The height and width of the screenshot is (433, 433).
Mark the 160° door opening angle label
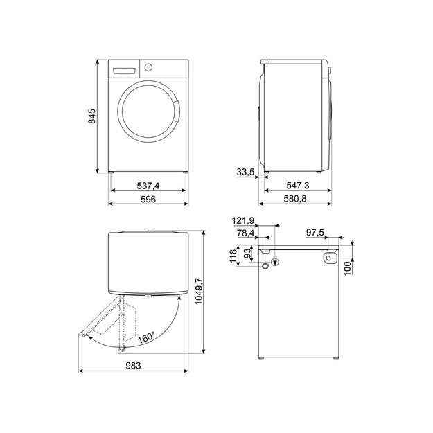[x=145, y=339]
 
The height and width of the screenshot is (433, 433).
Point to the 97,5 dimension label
[x=319, y=233]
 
